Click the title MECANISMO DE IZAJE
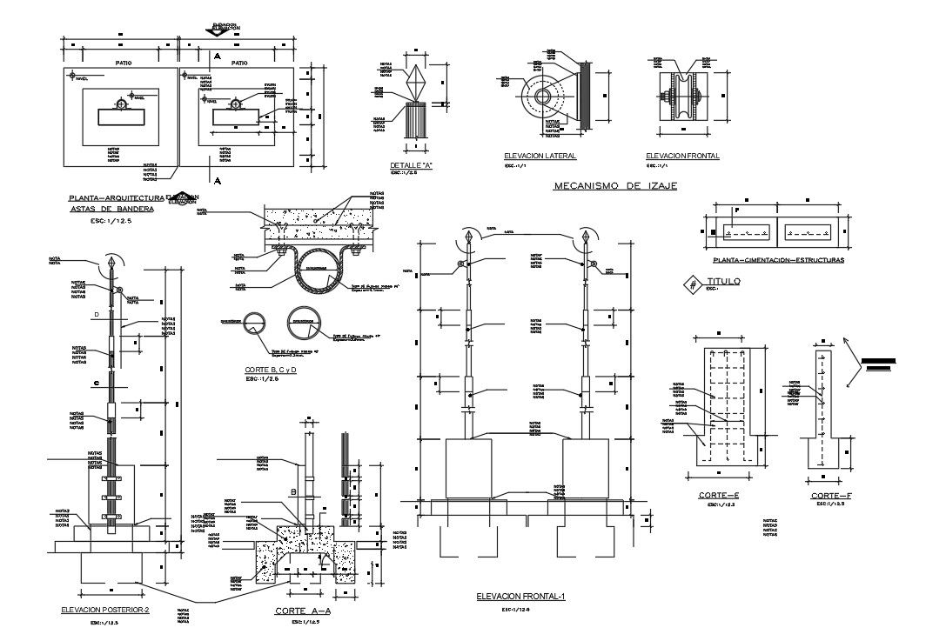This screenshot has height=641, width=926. (x=615, y=186)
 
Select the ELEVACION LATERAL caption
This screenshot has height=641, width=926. (x=540, y=156)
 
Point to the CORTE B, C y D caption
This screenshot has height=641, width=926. (x=272, y=371)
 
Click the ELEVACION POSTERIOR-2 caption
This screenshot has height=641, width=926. (x=105, y=610)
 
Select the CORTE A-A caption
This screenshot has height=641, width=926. (x=303, y=611)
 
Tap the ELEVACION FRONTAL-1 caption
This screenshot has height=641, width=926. (x=521, y=597)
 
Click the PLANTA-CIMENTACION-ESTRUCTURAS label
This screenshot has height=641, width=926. (x=777, y=259)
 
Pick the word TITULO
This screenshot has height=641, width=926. (x=723, y=281)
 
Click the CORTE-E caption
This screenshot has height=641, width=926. (x=718, y=495)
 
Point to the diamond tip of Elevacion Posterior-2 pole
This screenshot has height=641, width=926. (x=111, y=261)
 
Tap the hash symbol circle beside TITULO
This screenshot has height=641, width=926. (x=693, y=284)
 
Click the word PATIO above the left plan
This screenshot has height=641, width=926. (x=124, y=63)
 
